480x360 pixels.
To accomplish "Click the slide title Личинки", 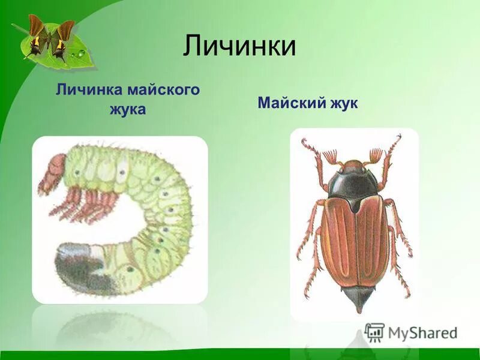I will [239, 46].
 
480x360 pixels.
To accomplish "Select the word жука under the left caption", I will [127, 110].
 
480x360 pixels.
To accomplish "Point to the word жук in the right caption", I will [343, 103].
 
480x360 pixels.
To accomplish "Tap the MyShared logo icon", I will [374, 332].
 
